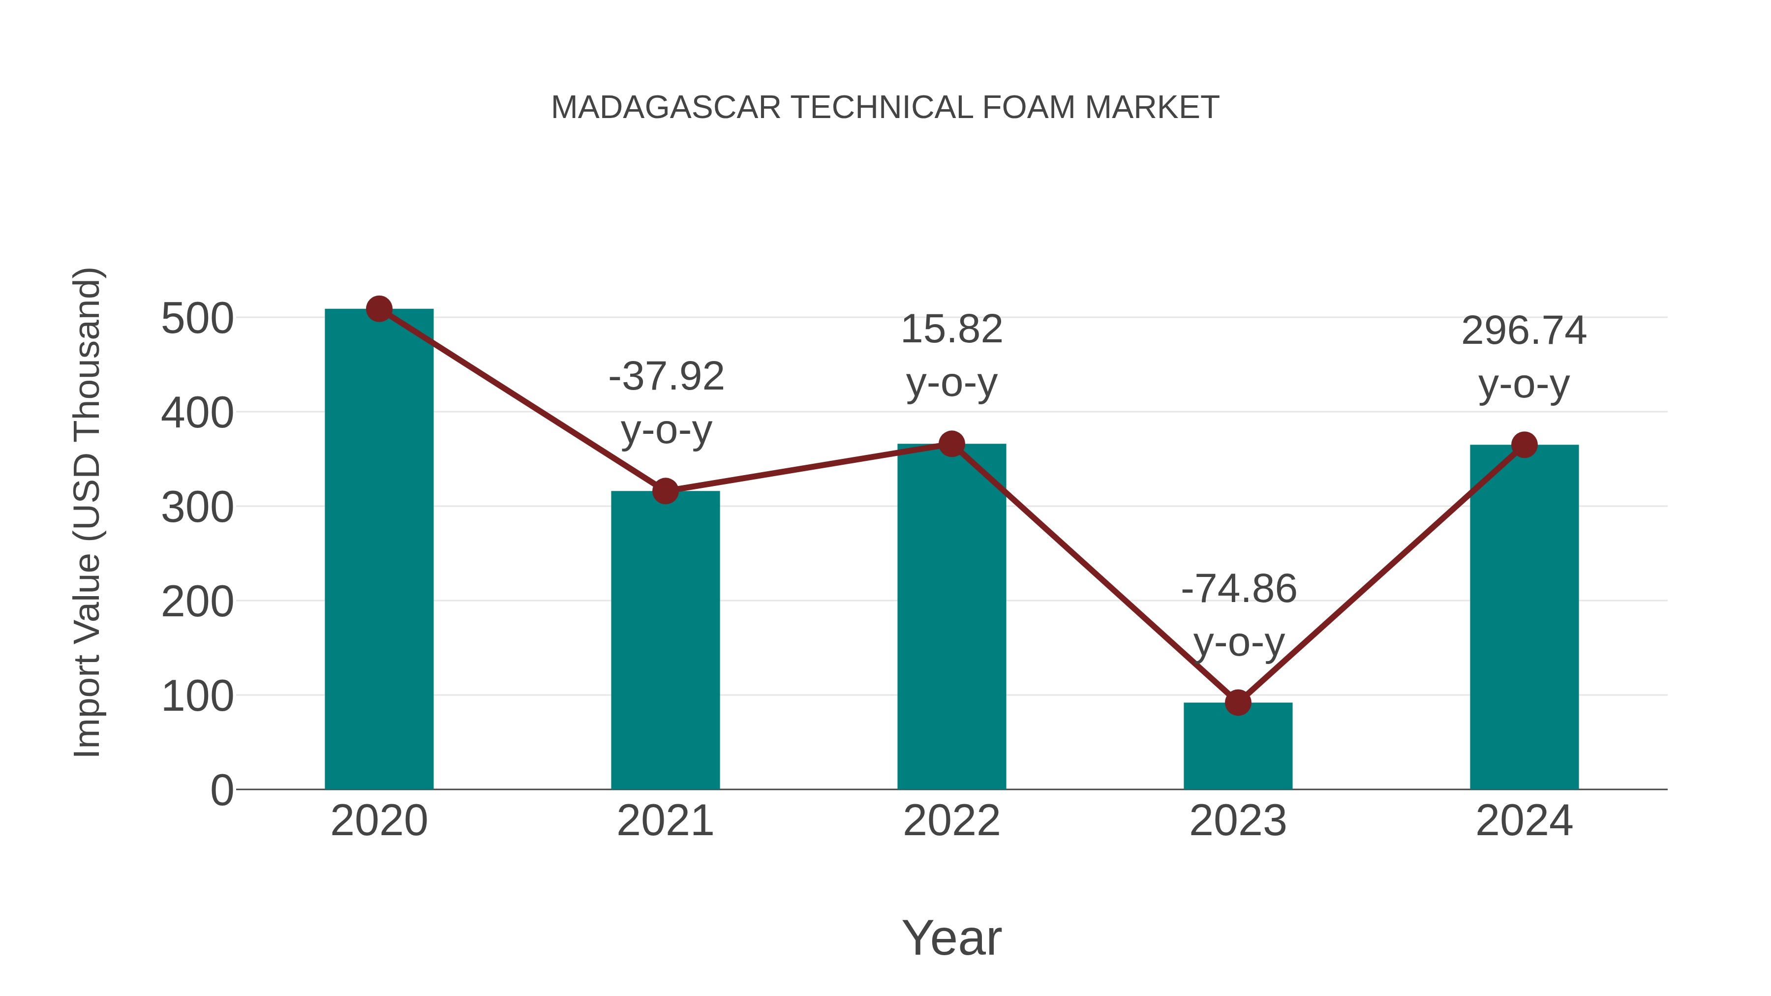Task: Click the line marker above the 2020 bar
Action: pyautogui.click(x=379, y=309)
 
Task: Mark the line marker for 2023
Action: pyautogui.click(x=1238, y=702)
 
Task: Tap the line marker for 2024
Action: pyautogui.click(x=1524, y=445)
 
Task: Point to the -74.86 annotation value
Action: pyautogui.click(x=1239, y=589)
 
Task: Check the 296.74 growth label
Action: pyautogui.click(x=1524, y=332)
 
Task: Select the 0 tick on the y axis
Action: pyautogui.click(x=222, y=790)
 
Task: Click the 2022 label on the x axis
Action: pyautogui.click(x=951, y=821)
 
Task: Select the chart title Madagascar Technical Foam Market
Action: pyautogui.click(x=885, y=108)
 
